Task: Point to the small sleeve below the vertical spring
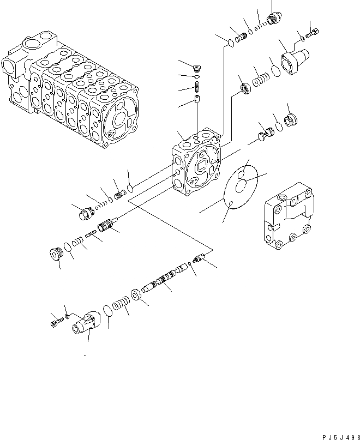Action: point(197,100)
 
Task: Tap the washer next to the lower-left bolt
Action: point(65,317)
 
